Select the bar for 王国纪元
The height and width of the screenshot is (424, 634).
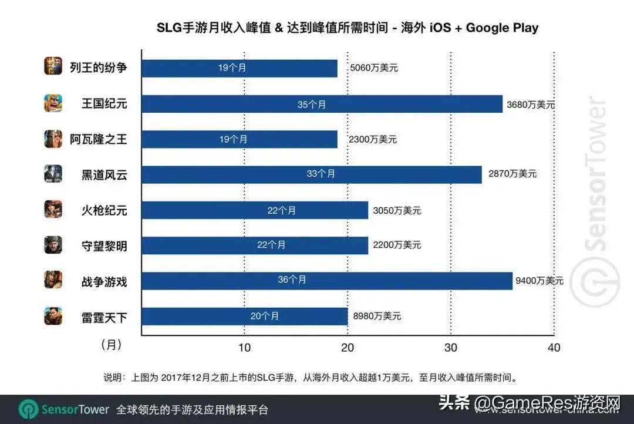pyautogui.click(x=322, y=104)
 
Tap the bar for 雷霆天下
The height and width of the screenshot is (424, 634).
pyautogui.click(x=244, y=316)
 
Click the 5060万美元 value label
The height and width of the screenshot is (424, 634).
pyautogui.click(x=373, y=68)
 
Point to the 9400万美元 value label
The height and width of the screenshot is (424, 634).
pyautogui.click(x=539, y=281)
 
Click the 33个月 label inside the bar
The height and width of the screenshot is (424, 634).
pyautogui.click(x=321, y=174)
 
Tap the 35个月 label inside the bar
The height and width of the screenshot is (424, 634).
pyautogui.click(x=311, y=105)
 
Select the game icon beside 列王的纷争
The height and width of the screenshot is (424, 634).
pyautogui.click(x=53, y=66)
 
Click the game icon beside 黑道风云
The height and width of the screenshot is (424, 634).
pyautogui.click(x=53, y=174)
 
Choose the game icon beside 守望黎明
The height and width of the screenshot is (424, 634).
pyautogui.click(x=53, y=245)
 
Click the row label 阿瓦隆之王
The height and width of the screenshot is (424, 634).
pyautogui.click(x=98, y=139)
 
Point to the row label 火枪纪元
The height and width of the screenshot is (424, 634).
pyautogui.click(x=104, y=210)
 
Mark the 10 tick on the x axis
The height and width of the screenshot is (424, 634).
pyautogui.click(x=244, y=348)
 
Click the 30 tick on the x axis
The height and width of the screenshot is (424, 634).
pyautogui.click(x=450, y=348)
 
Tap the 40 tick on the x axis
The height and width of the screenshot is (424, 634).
pyautogui.click(x=553, y=348)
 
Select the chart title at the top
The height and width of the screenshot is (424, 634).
pyautogui.click(x=347, y=28)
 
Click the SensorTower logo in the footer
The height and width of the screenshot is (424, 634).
pyautogui.click(x=64, y=409)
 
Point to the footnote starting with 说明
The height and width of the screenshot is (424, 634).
pyautogui.click(x=310, y=377)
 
